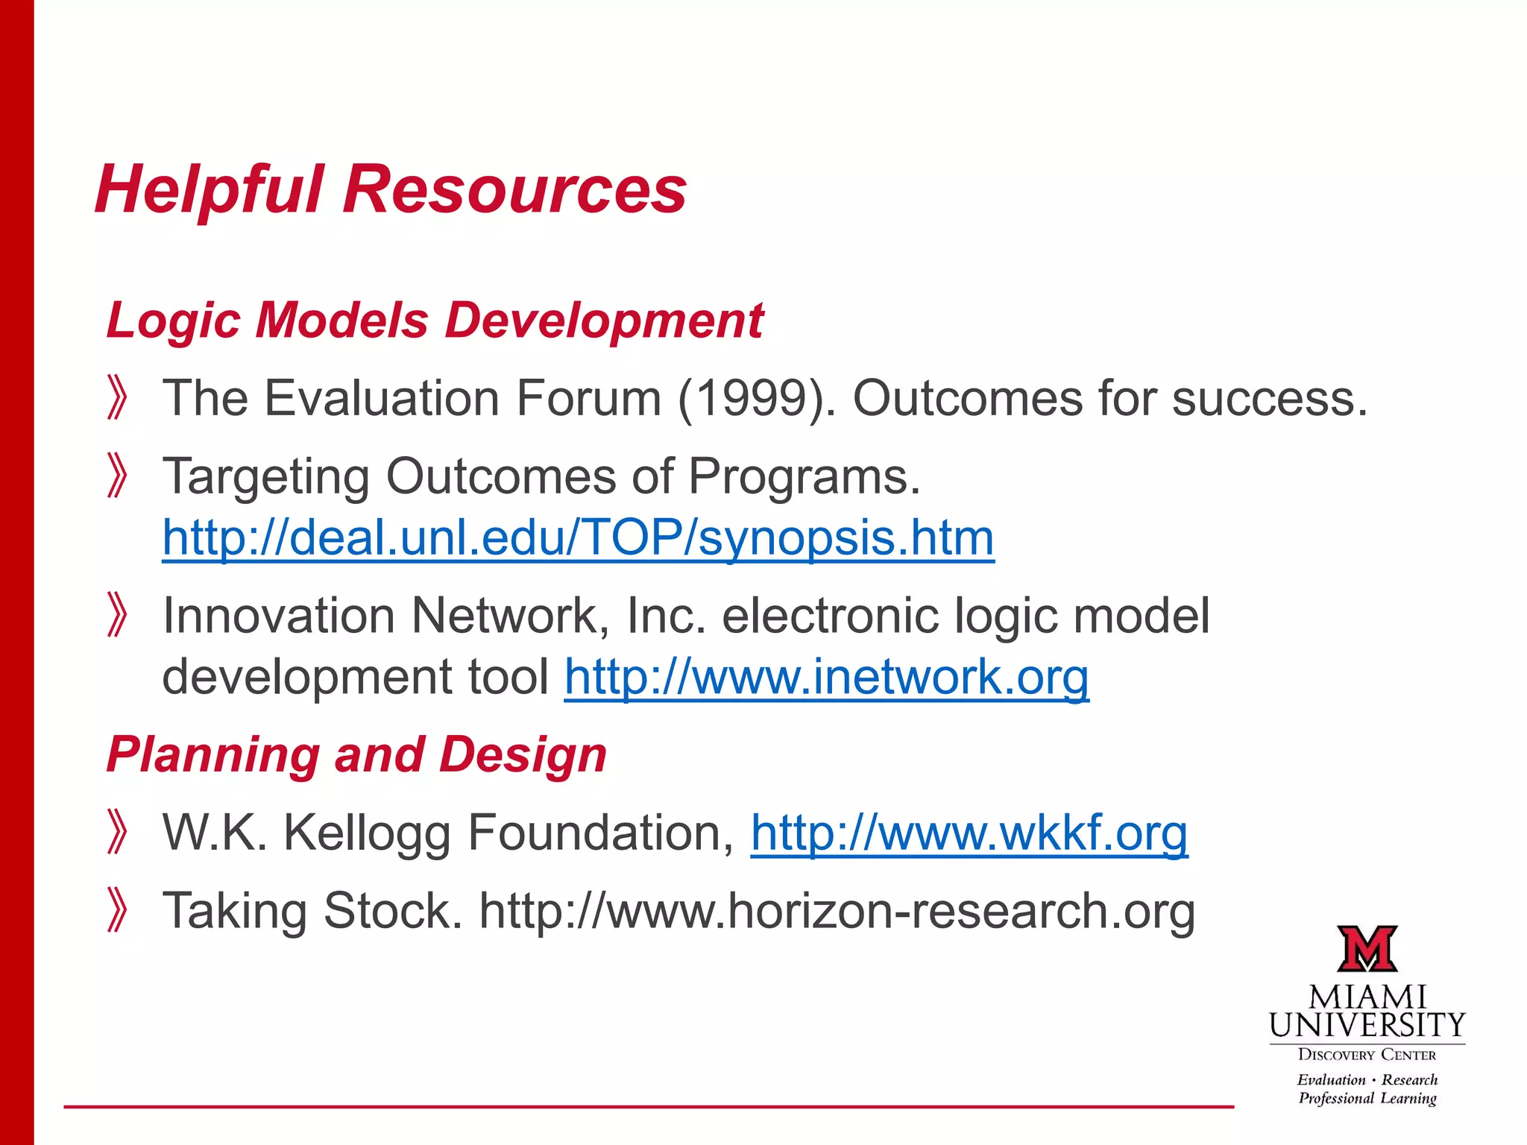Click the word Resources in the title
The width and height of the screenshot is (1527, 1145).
pyautogui.click(x=514, y=190)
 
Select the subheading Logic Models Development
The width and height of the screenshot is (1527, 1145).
pyautogui.click(x=435, y=321)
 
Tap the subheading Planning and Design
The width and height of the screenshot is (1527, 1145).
pyautogui.click(x=356, y=754)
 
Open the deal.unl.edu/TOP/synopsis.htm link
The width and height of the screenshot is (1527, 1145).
pyautogui.click(x=578, y=537)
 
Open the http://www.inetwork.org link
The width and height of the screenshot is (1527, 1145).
pyautogui.click(x=826, y=677)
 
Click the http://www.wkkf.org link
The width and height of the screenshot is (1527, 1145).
pyautogui.click(x=969, y=833)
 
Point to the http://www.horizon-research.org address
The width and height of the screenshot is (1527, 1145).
pyautogui.click(x=837, y=911)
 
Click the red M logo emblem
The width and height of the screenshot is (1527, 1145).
pyautogui.click(x=1367, y=949)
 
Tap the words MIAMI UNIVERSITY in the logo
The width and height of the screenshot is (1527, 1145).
pyautogui.click(x=1367, y=1012)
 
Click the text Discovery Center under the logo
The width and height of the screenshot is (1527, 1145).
pyautogui.click(x=1367, y=1055)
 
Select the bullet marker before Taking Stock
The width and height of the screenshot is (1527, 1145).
pyautogui.click(x=117, y=910)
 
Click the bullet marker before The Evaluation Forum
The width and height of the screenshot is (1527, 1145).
pyautogui.click(x=117, y=398)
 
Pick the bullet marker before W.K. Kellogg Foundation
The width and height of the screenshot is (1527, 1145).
pyautogui.click(x=117, y=832)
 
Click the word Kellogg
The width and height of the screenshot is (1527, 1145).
pyautogui.click(x=367, y=833)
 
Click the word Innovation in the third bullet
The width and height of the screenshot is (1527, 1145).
pyautogui.click(x=279, y=616)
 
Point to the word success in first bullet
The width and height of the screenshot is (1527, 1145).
pyautogui.click(x=1269, y=398)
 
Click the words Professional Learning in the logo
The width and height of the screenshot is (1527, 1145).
pyautogui.click(x=1367, y=1098)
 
